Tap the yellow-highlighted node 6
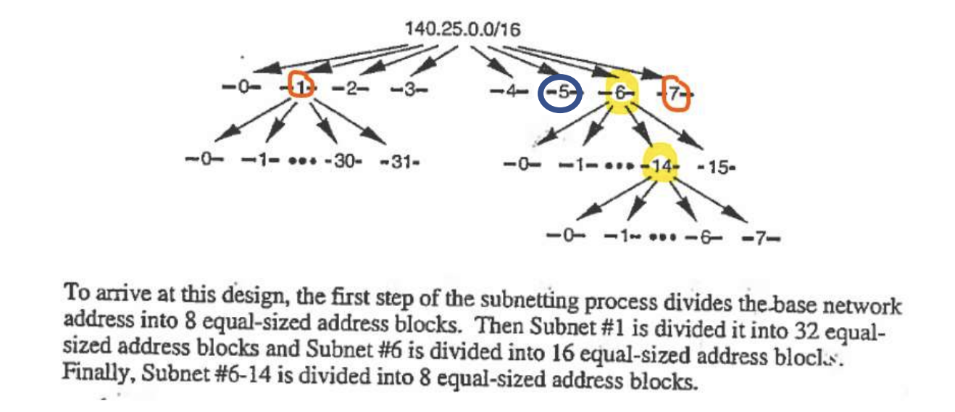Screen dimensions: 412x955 click(622, 93)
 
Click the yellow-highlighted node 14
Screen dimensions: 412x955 click(661, 166)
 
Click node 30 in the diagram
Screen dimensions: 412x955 click(345, 160)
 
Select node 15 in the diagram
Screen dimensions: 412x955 click(717, 167)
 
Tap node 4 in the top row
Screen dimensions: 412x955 click(505, 93)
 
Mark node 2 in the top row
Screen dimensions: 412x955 click(351, 88)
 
